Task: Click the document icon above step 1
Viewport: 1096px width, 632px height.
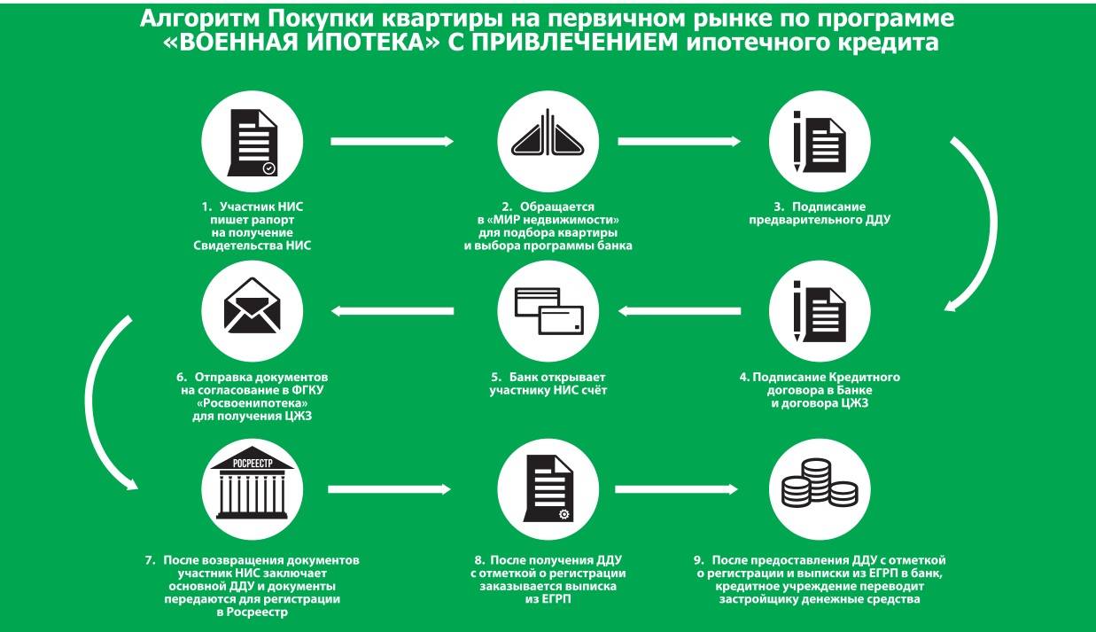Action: click(253, 141)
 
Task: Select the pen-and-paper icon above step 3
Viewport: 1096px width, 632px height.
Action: click(820, 141)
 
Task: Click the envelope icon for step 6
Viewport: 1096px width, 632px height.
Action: click(253, 310)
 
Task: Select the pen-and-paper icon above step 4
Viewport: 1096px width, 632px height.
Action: click(820, 310)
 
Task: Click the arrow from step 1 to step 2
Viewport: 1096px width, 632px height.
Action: click(391, 141)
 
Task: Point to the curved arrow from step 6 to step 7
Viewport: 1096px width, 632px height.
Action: click(102, 399)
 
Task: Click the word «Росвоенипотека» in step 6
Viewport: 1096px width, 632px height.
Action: click(253, 402)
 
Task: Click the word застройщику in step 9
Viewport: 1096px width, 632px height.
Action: click(762, 599)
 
